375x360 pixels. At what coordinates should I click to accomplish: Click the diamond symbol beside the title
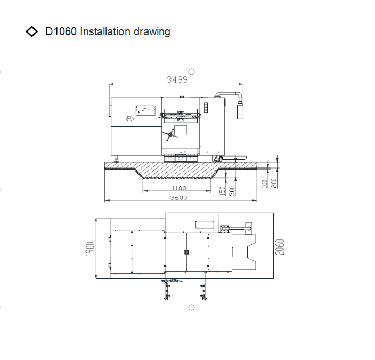tap(32, 31)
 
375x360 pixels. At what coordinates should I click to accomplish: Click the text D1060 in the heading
tap(61, 31)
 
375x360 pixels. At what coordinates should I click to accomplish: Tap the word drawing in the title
tap(152, 32)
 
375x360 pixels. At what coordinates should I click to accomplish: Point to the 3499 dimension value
tap(177, 79)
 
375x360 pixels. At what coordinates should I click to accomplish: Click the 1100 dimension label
tap(179, 188)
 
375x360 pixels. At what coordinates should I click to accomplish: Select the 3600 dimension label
tap(178, 198)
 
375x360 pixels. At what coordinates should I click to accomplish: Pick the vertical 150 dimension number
tap(223, 191)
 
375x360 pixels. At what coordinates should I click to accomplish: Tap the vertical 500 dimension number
tap(232, 191)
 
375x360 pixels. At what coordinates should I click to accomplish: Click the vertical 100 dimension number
tap(264, 183)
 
